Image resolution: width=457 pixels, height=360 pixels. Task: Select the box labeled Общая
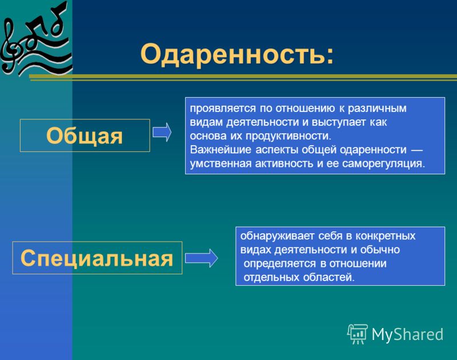click(x=85, y=135)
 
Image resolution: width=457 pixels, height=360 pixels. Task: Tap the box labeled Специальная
click(x=97, y=258)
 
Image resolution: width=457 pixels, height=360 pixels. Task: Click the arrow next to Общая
click(x=162, y=133)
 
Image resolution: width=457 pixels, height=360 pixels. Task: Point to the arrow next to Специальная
click(x=202, y=258)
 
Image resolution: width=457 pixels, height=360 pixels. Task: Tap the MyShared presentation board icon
click(x=358, y=334)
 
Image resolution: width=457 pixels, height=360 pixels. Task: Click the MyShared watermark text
click(x=407, y=334)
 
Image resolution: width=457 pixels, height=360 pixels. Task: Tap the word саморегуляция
click(x=383, y=163)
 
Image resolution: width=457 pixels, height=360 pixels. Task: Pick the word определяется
click(x=279, y=263)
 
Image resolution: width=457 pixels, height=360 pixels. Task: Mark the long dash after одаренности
click(x=416, y=150)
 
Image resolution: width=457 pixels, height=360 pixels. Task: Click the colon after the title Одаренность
click(x=330, y=55)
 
